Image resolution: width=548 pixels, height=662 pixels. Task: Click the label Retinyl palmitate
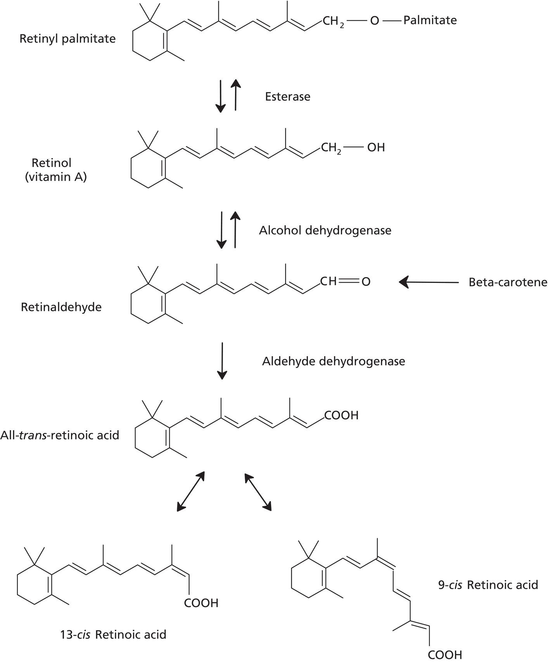[x=67, y=39]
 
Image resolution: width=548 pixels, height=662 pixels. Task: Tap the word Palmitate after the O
[x=430, y=20]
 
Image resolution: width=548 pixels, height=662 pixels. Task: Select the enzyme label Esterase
[x=287, y=97]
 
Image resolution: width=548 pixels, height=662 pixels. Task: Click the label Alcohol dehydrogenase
[x=325, y=230]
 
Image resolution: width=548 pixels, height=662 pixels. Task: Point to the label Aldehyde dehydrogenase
[x=333, y=361]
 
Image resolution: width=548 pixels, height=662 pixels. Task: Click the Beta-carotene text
[x=508, y=282]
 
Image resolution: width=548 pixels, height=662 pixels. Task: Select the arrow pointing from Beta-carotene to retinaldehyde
[x=429, y=282]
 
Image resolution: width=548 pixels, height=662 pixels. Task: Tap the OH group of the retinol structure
[x=375, y=148]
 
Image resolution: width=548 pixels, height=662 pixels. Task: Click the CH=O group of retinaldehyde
[x=345, y=281]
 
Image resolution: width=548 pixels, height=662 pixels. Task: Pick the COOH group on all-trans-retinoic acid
[x=341, y=415]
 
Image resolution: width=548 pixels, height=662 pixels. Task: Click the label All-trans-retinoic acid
[x=60, y=435]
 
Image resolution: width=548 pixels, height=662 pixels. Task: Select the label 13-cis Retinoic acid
[x=113, y=634]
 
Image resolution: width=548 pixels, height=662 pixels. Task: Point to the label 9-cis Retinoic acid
[x=488, y=584]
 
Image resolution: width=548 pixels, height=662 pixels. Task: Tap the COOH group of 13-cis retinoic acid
[x=201, y=603]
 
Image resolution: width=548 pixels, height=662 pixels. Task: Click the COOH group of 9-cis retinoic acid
[x=445, y=655]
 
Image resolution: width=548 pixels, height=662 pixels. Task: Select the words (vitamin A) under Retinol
[x=56, y=177]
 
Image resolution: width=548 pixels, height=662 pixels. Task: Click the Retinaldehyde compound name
[x=61, y=307]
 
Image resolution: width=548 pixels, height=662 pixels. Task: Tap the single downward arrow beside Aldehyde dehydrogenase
[x=222, y=360]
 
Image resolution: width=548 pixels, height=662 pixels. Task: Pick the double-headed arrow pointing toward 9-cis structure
[x=258, y=491]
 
